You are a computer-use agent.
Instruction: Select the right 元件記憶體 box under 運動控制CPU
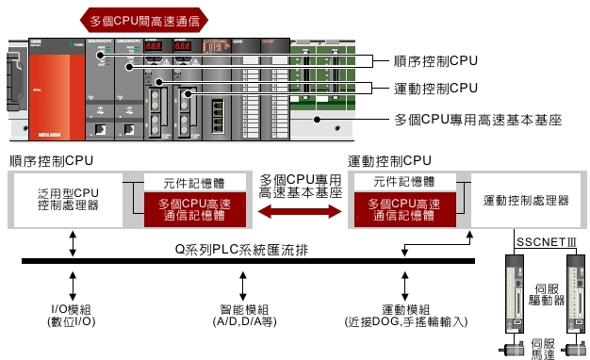403,180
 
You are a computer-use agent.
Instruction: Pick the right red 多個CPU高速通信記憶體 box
403,208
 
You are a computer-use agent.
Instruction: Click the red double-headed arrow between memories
297,213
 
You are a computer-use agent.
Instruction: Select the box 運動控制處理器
526,200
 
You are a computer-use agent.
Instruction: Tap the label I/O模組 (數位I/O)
72,316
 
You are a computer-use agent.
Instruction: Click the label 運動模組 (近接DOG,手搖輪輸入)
406,316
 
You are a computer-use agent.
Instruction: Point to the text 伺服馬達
544,348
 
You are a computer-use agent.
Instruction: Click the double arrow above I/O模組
73,283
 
